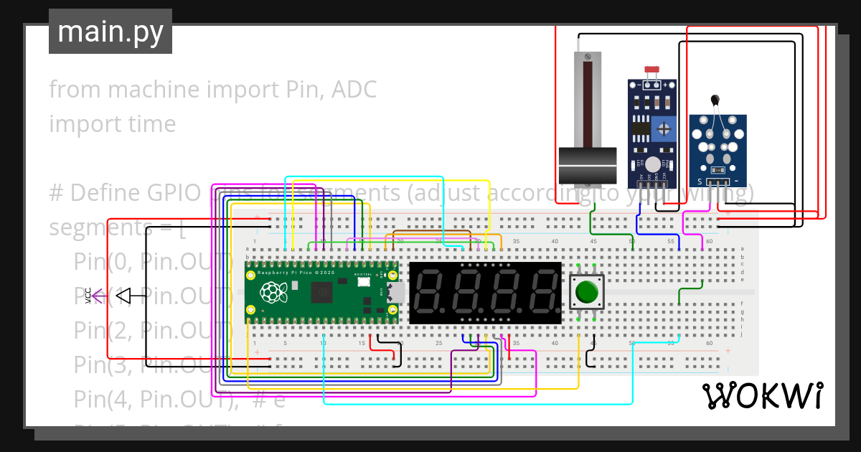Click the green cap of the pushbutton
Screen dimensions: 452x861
587,292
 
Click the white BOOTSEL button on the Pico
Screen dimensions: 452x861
364,282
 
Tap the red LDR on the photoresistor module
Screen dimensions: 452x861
651,70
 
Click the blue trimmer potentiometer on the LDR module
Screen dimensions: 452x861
665,130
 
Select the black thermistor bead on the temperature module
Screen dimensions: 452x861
715,101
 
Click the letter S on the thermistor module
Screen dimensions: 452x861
695,182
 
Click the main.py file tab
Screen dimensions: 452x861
110,32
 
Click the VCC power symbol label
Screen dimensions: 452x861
88,295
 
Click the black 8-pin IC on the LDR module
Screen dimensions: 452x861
639,130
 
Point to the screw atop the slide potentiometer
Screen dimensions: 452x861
588,56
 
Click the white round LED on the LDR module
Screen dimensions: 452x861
652,164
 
